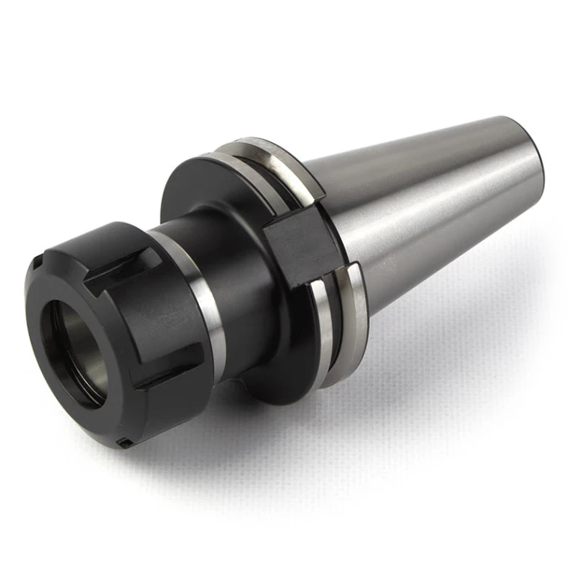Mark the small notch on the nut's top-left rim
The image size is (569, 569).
pyautogui.click(x=35, y=264)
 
